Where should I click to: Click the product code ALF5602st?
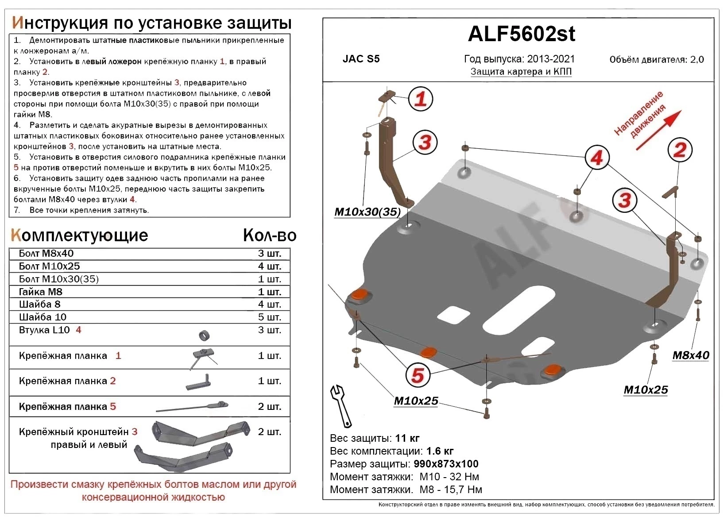(521, 34)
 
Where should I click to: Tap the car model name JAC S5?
(361, 59)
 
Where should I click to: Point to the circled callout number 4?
(596, 158)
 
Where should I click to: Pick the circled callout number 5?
(418, 375)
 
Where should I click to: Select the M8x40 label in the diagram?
(690, 355)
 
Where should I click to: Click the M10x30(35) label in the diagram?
(367, 212)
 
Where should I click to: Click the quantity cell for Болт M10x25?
(269, 266)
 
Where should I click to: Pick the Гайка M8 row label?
(41, 292)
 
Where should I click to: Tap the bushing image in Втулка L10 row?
(204, 335)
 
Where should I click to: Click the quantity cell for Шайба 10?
(269, 317)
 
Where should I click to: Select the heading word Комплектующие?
(79, 235)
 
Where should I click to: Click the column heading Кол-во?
(269, 235)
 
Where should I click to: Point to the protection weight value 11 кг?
(407, 438)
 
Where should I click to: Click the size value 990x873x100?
(446, 464)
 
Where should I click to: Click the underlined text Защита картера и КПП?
(521, 72)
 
